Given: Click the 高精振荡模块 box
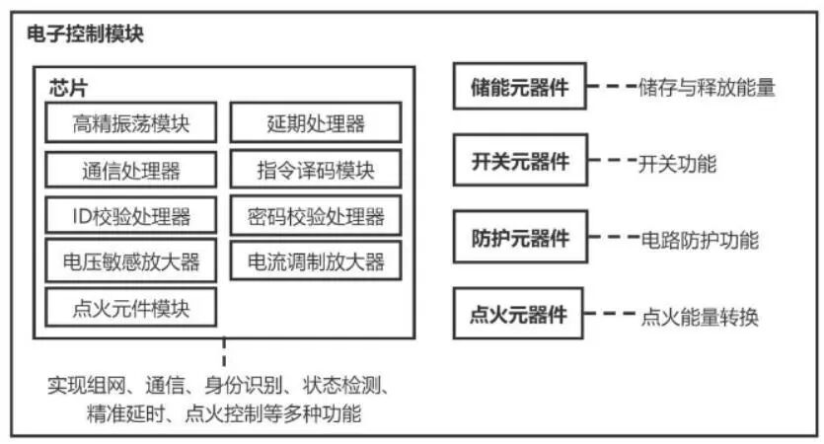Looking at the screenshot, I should (131, 123).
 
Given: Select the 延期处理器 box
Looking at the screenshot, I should (316, 123).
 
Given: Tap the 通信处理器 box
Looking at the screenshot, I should (131, 170).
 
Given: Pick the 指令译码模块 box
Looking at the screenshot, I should (316, 170).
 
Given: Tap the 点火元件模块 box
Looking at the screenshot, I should (131, 308).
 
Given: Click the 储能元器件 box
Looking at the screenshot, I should (519, 86).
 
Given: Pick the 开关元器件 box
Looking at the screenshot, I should (519, 162).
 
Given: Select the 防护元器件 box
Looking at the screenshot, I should (519, 238).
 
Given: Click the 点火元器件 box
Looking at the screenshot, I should (519, 315).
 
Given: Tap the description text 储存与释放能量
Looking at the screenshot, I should (708, 88).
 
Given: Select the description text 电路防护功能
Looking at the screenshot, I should (700, 240).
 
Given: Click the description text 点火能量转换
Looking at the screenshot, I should (700, 317).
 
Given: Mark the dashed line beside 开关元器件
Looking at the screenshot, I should (610, 162).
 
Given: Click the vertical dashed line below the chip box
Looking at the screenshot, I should (224, 352).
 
